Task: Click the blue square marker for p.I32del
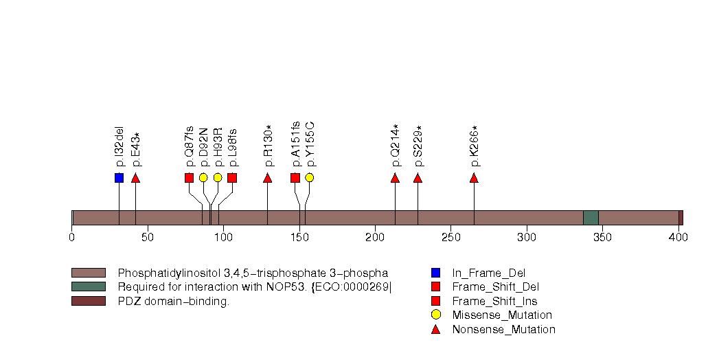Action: (119, 178)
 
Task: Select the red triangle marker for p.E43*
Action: (135, 178)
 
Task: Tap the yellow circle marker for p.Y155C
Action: (309, 178)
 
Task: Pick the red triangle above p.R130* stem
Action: (267, 178)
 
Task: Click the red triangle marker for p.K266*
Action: (474, 178)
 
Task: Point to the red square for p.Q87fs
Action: (189, 178)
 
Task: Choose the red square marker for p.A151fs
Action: (295, 178)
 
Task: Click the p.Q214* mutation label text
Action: (395, 146)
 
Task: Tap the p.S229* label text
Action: (418, 146)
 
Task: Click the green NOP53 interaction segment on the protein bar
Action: (591, 218)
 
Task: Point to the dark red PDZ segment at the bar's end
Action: (681, 218)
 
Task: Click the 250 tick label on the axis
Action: (450, 238)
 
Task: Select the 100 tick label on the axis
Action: (223, 238)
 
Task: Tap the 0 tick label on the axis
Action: (72, 238)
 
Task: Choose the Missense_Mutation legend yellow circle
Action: (435, 315)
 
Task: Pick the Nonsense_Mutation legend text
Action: (503, 330)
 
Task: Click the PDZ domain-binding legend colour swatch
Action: (88, 301)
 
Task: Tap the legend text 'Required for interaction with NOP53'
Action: (254, 287)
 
